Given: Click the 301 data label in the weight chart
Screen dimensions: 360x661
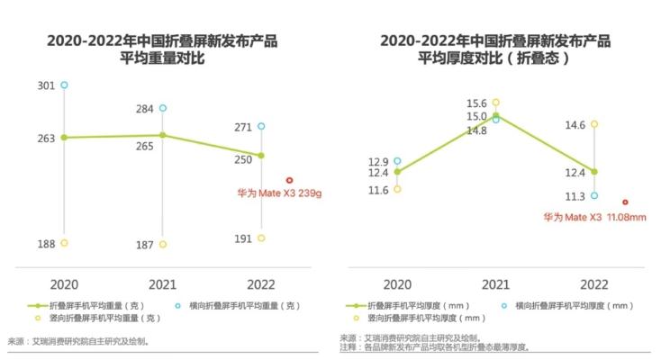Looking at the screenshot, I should (46, 85).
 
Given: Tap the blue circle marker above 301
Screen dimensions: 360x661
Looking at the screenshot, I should (64, 85).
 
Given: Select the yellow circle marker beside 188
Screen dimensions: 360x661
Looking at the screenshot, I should (64, 243).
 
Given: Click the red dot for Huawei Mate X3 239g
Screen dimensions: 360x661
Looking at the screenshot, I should (289, 180).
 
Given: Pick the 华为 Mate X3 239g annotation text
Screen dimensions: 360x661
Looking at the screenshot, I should (277, 193).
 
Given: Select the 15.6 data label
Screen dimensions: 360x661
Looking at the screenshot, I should (476, 103).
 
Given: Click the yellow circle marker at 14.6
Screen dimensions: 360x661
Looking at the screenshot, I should (594, 124).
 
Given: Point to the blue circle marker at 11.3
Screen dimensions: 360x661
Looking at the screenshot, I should (594, 195).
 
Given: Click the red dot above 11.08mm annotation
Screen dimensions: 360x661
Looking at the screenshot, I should (625, 202).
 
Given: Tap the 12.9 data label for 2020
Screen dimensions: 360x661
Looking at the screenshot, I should (378, 161).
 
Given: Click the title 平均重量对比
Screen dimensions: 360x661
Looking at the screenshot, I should (162, 58).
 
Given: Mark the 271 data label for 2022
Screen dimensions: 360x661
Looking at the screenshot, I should (242, 127).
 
